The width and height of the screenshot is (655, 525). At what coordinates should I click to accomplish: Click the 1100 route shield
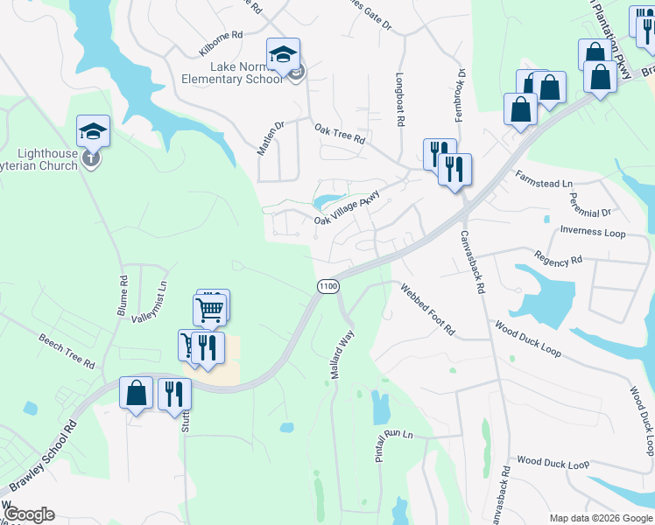pos(327,287)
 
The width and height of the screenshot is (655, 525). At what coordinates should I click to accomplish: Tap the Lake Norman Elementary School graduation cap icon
pos(283,55)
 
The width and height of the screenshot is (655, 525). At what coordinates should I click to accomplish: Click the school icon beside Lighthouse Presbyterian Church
pos(93,132)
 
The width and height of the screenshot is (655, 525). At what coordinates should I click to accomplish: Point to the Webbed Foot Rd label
pos(428,310)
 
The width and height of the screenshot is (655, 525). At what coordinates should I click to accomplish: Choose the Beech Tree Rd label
pos(66,350)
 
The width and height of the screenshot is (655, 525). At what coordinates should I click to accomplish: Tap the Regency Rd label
pos(558,260)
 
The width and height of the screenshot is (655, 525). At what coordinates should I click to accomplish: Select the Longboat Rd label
pos(399,100)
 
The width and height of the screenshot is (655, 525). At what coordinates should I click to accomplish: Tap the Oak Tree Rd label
pos(339,133)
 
